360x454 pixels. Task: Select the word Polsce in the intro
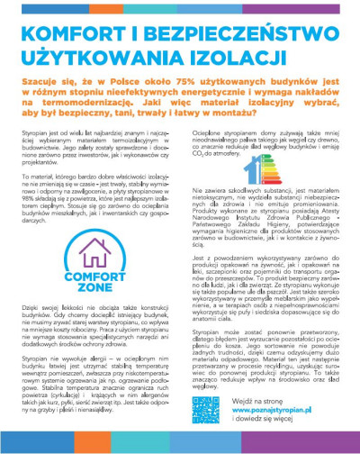(112, 80)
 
